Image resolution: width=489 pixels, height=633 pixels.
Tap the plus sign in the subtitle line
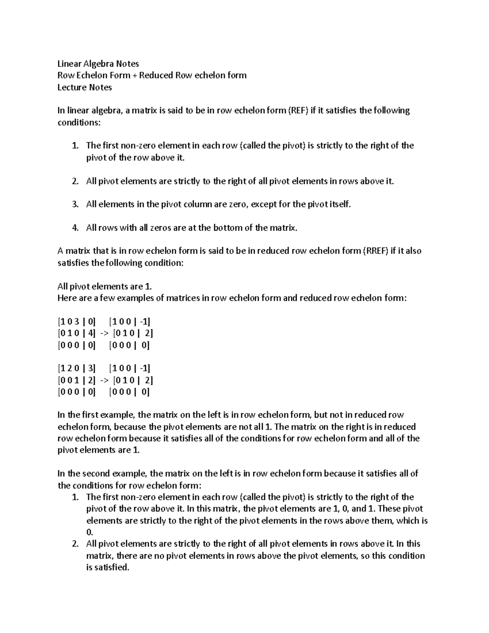134,75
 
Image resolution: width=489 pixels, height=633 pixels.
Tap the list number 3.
75,204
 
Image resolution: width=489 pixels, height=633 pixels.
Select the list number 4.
75,228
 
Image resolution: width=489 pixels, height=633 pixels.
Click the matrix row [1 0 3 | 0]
76,322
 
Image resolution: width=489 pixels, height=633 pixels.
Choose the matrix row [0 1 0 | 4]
76,333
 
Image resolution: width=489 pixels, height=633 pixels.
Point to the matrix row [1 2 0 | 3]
76,368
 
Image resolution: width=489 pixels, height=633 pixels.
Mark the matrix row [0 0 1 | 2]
76,380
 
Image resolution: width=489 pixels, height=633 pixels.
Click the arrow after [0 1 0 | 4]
104,333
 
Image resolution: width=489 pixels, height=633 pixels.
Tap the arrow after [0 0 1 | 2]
104,380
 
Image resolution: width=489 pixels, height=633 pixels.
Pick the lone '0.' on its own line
90,532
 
